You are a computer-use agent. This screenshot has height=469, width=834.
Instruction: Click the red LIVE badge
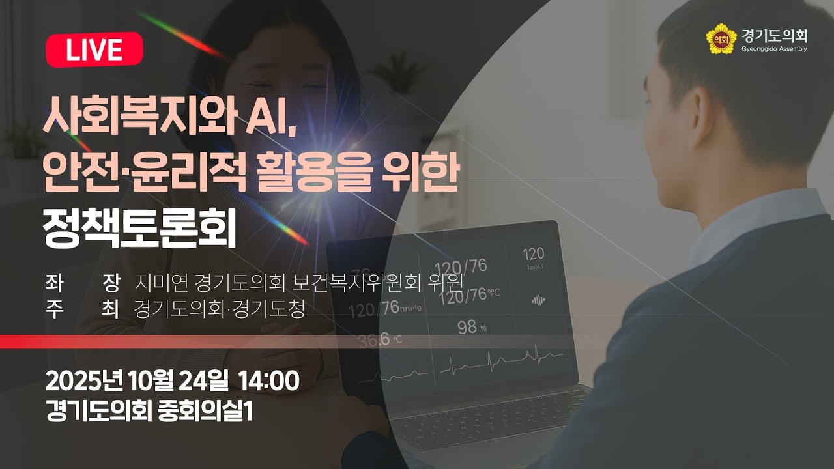click(x=94, y=50)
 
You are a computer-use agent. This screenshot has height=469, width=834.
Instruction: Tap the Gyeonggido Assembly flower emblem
click(x=720, y=38)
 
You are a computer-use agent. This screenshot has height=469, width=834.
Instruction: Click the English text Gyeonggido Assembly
click(x=774, y=49)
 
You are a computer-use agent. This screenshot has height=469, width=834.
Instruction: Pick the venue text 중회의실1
click(x=205, y=410)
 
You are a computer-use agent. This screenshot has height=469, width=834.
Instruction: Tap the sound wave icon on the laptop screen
click(x=538, y=300)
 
